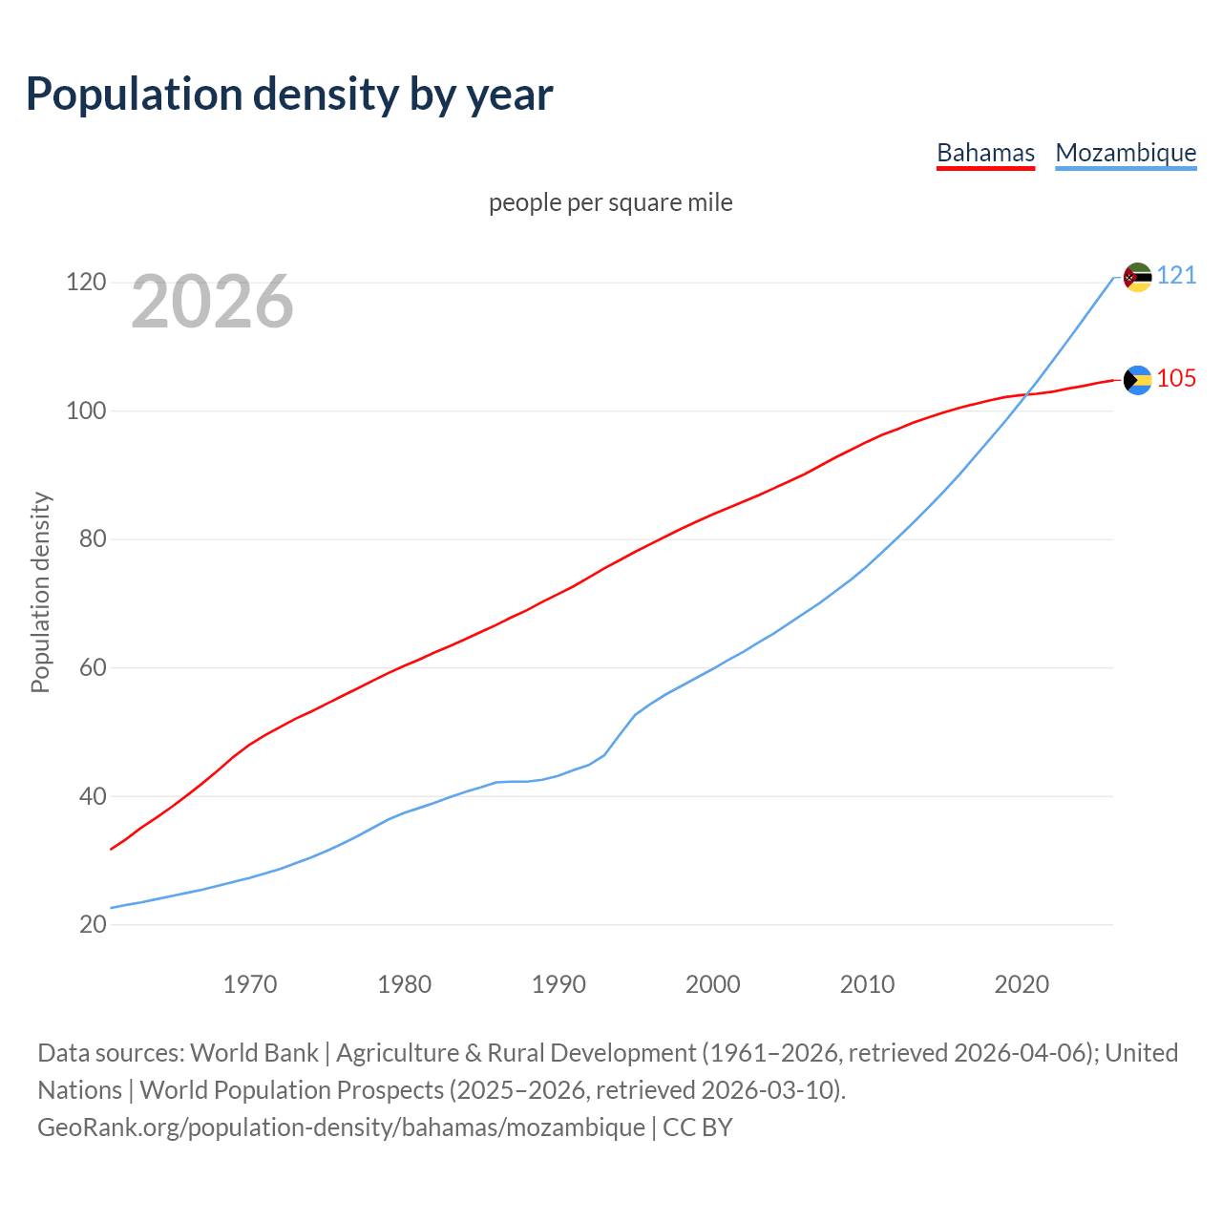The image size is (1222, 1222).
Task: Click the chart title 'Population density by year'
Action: click(289, 95)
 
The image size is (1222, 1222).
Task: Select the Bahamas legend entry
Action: click(985, 153)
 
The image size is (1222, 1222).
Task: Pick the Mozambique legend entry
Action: click(1126, 153)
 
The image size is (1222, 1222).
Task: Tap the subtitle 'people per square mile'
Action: click(610, 202)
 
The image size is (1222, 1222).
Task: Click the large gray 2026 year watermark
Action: click(212, 302)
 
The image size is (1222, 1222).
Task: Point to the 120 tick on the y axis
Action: click(84, 283)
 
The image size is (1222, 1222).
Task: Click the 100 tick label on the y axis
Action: click(84, 411)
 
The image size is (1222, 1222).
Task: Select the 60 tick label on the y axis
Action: click(92, 667)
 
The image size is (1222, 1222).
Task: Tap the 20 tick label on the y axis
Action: click(92, 924)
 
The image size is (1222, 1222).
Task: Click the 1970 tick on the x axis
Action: click(250, 984)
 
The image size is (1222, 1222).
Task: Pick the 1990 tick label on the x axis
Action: click(558, 984)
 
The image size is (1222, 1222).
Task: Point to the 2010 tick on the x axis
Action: click(867, 984)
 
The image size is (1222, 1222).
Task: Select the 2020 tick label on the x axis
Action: click(1022, 984)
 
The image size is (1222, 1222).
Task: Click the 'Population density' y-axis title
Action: click(40, 592)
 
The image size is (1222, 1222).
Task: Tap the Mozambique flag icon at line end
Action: click(1137, 277)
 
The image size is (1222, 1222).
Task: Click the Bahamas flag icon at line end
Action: click(1137, 380)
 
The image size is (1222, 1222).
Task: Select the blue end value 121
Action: click(1176, 276)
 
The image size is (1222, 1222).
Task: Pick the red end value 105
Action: click(1176, 379)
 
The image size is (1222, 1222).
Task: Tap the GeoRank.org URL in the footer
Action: click(341, 1127)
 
